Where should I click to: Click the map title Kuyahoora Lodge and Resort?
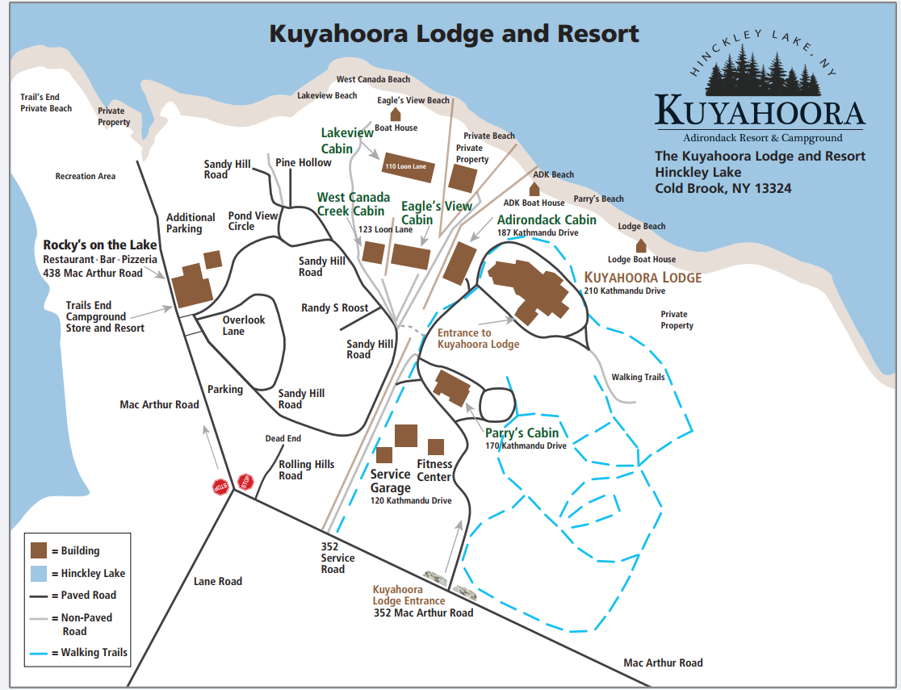454,34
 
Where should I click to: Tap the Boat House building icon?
396,115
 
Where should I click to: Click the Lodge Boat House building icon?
641,245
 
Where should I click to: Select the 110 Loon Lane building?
408,167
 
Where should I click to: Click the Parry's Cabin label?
522,433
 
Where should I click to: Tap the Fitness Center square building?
436,447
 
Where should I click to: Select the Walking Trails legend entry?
93,652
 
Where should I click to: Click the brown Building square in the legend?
40,550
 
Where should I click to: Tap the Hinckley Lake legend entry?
92,573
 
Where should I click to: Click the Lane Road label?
218,581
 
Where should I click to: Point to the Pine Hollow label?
304,162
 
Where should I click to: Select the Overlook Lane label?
244,325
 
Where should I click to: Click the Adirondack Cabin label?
547,220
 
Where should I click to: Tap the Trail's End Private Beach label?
46,102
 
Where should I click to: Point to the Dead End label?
283,438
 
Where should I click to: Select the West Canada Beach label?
373,79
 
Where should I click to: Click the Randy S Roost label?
334,307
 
